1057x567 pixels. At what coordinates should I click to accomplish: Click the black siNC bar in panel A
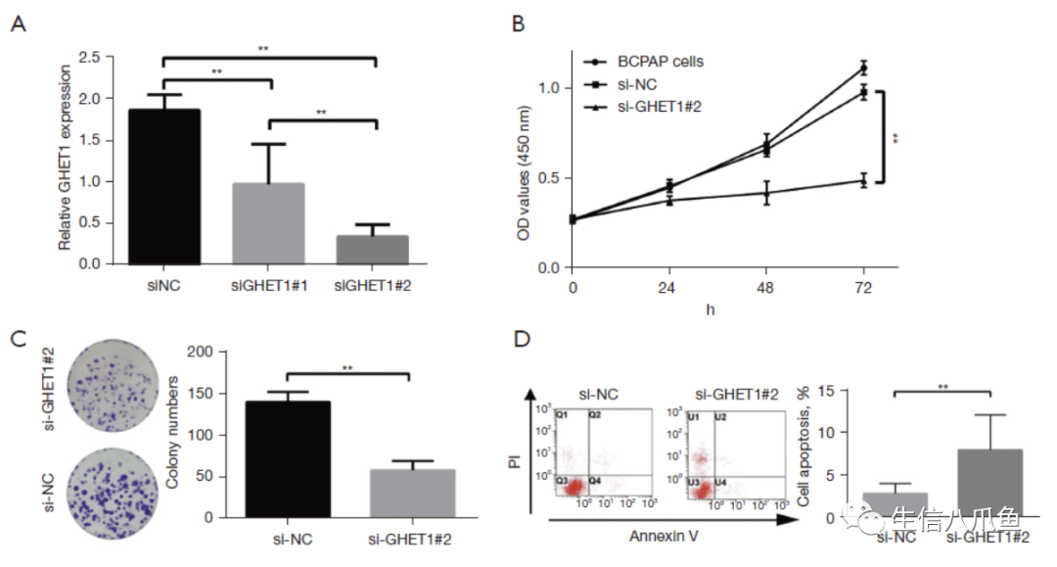click(164, 186)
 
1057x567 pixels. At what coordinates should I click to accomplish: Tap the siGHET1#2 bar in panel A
click(372, 250)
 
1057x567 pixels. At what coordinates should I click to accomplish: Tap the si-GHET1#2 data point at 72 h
click(862, 180)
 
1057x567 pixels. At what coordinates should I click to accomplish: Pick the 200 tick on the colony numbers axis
click(203, 353)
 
